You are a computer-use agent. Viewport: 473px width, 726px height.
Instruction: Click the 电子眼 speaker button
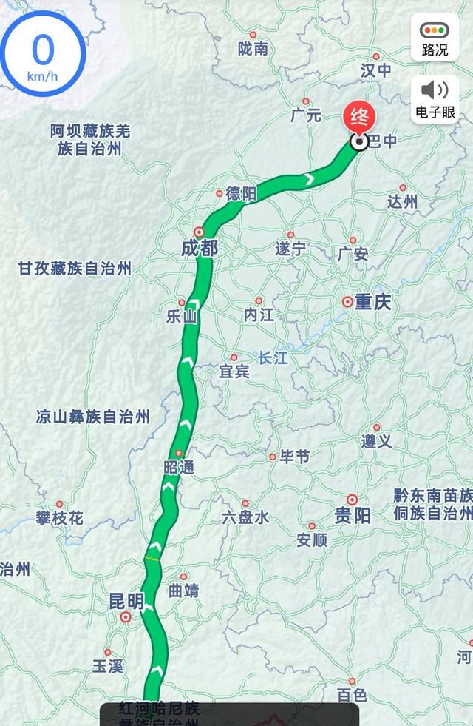coord(435,99)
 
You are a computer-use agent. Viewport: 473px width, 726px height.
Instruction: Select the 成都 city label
coord(199,249)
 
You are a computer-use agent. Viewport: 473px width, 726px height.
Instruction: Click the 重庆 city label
coord(372,303)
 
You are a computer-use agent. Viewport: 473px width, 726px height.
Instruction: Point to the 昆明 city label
coord(126,601)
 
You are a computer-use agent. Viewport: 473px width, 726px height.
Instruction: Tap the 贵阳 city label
coord(353,516)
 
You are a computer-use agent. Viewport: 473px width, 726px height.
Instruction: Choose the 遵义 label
coord(376,441)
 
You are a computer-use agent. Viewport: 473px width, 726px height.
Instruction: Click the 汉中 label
coord(375,70)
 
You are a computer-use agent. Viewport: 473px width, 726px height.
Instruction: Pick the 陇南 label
coord(253,49)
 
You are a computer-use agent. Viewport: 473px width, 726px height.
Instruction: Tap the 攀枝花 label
coord(59,518)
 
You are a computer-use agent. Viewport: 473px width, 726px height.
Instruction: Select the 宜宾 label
coord(234,372)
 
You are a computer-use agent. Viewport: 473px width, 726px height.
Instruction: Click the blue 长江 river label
coord(272,357)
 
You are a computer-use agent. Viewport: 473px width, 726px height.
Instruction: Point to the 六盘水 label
coord(245,518)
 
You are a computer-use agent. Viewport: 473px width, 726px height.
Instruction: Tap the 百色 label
coord(352,695)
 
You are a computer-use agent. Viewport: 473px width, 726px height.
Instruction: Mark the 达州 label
coord(403,201)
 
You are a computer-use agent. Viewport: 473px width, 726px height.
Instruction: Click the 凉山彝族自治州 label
coord(92,417)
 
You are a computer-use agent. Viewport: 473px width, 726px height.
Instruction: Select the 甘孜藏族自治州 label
coord(75,269)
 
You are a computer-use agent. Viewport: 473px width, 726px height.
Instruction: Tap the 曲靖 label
coord(183,591)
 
